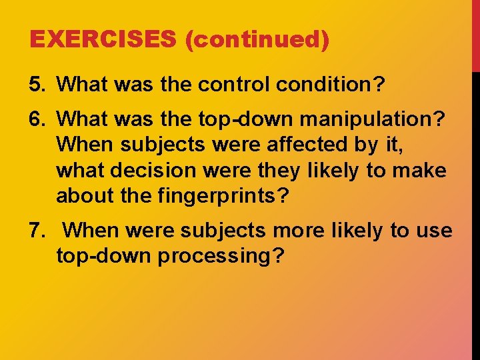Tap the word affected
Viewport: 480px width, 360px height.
point(301,144)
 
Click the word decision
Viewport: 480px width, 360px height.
point(144,171)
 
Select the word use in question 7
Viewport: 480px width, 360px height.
point(433,231)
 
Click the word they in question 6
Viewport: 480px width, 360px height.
point(279,171)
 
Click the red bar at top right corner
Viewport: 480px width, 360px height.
point(475,33)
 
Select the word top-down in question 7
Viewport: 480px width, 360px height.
point(103,256)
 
